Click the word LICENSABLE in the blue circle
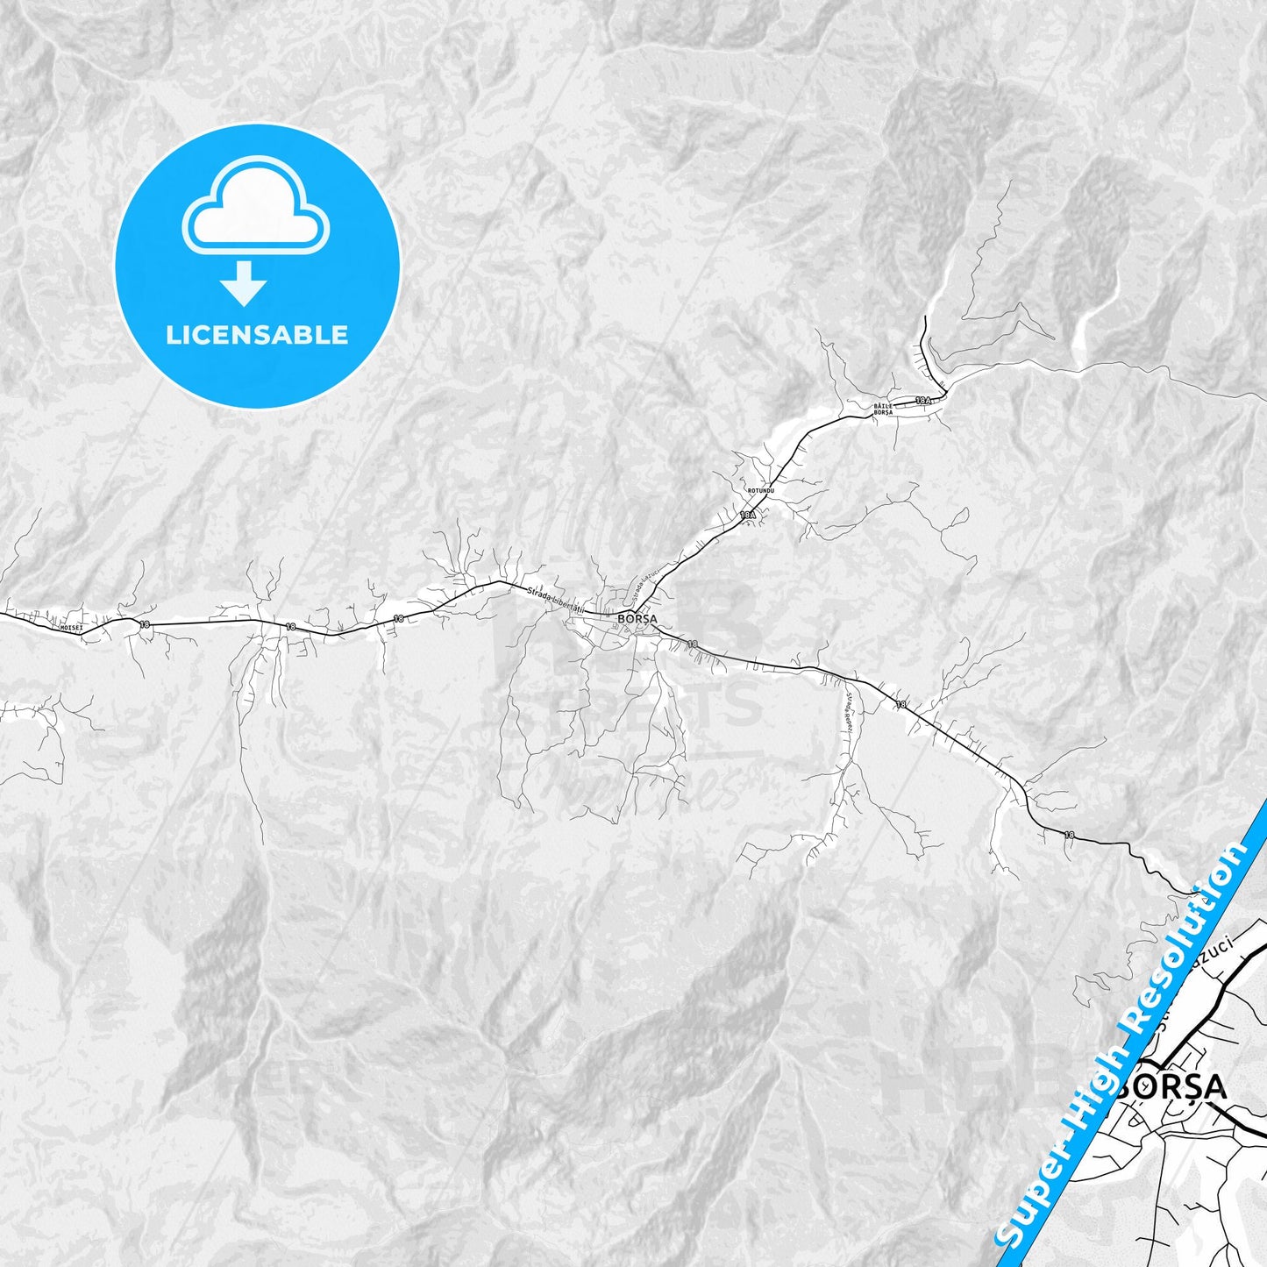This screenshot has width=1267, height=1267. point(257,335)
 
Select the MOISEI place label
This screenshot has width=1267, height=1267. point(70,628)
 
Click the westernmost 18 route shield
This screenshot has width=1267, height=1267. point(145,624)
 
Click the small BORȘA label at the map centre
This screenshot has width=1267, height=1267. point(637,618)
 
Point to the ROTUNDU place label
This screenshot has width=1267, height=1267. point(761,490)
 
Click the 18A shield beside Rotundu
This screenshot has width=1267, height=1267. point(747,516)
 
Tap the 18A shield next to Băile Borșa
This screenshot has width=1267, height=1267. point(922,400)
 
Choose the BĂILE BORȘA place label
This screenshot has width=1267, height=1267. point(883,409)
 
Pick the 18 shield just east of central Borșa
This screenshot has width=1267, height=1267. point(693,644)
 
